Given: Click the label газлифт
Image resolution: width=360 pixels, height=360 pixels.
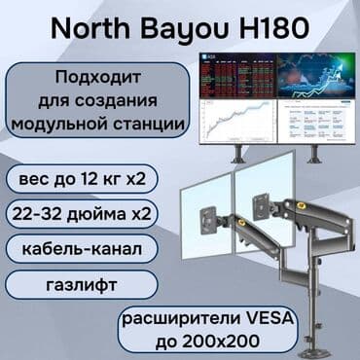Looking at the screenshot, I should pyautogui.click(x=67, y=284).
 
